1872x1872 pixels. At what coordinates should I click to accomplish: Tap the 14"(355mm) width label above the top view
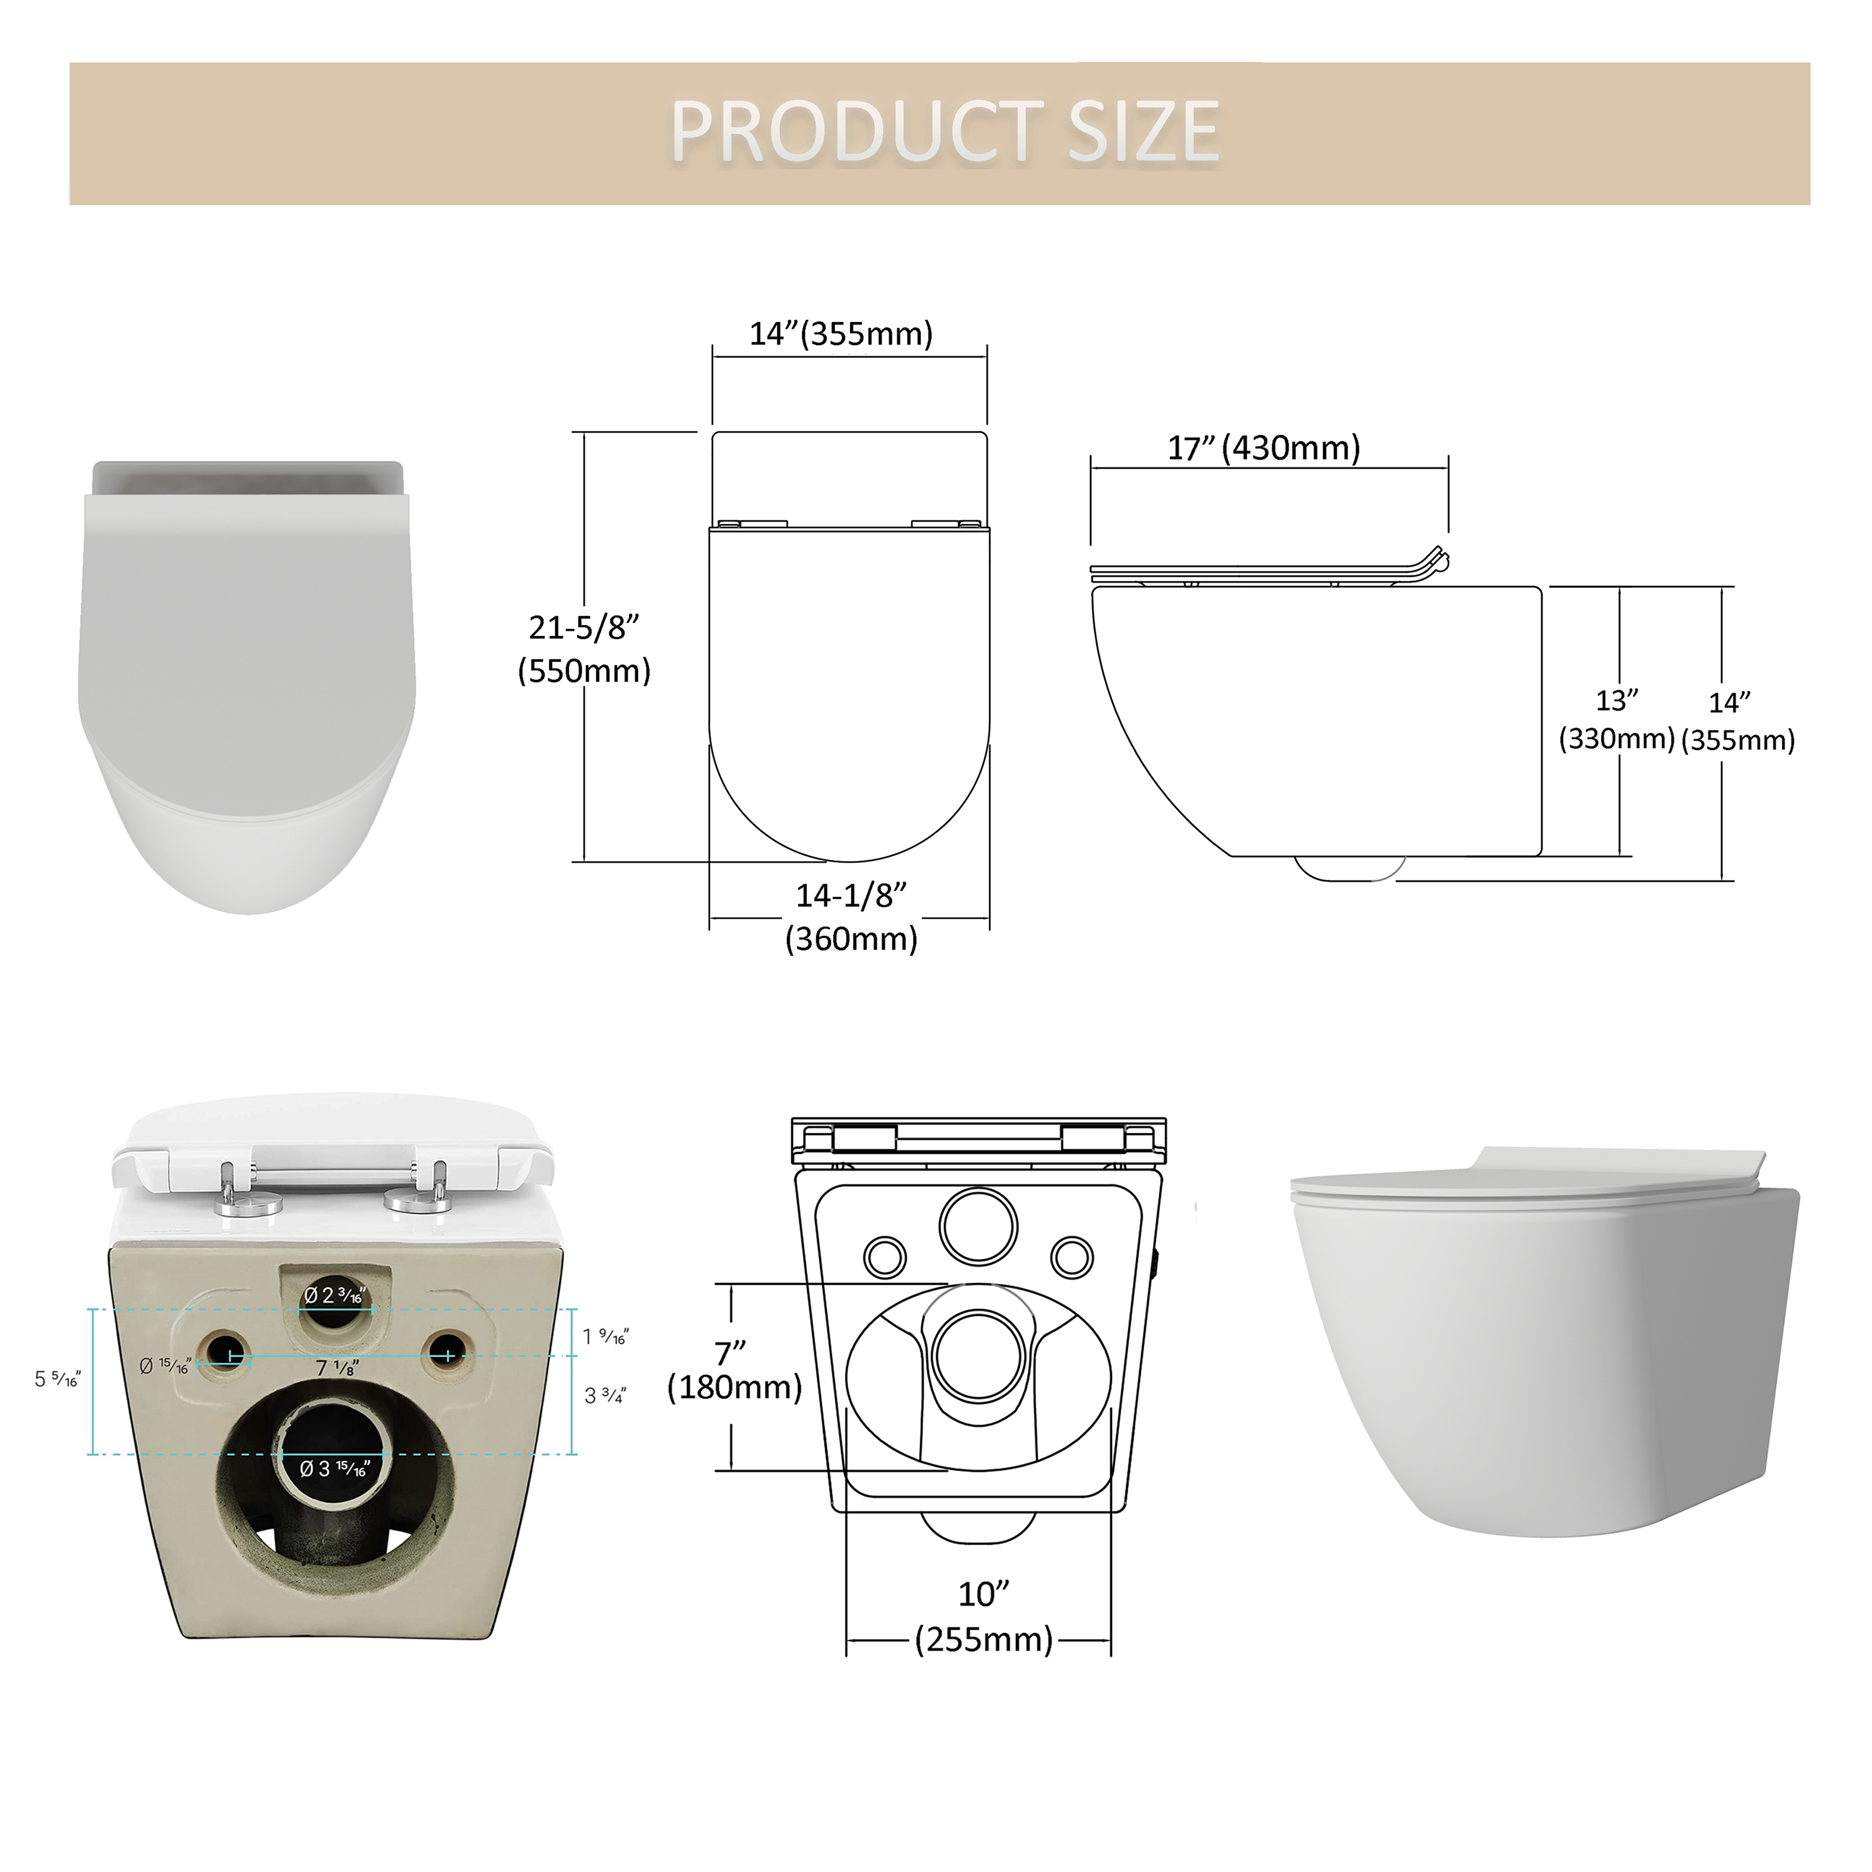click(841, 333)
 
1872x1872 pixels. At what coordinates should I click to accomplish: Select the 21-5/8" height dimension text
click(584, 628)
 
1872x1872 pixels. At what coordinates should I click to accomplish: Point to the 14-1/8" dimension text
click(852, 895)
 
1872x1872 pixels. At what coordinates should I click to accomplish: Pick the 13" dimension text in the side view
click(1617, 700)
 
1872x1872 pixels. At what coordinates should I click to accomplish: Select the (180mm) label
click(734, 1388)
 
